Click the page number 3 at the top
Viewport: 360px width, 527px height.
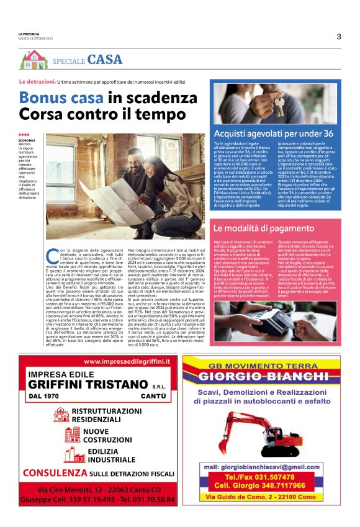(x=338, y=36)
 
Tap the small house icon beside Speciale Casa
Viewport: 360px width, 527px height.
(x=34, y=60)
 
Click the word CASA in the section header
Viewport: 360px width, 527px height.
(x=105, y=60)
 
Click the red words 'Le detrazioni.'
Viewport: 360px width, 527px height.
(x=37, y=82)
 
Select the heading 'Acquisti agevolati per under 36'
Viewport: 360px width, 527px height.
(x=273, y=133)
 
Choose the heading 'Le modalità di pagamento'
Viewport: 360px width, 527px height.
(x=263, y=228)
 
